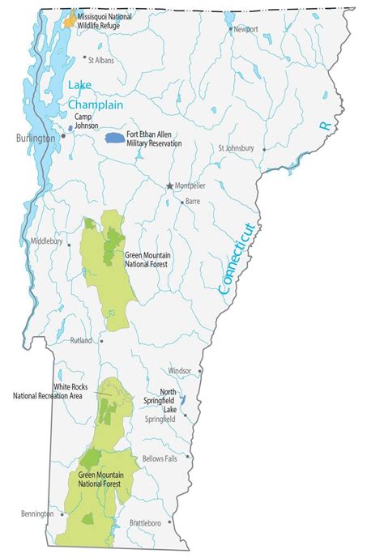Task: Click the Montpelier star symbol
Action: [x=170, y=185]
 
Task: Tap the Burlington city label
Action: [x=35, y=138]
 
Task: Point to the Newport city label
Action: [x=245, y=29]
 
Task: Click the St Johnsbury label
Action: [x=236, y=148]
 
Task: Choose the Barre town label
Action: [x=193, y=200]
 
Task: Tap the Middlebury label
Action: [x=46, y=241]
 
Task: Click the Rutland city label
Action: [x=81, y=341]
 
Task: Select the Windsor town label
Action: [x=179, y=370]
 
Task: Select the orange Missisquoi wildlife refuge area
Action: [x=71, y=19]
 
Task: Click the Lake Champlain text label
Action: [x=96, y=96]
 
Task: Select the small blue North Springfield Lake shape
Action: [x=182, y=400]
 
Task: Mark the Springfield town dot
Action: [x=185, y=415]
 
